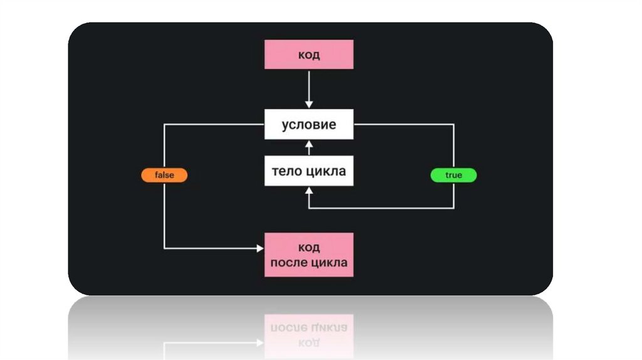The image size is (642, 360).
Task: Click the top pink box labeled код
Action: pos(308,55)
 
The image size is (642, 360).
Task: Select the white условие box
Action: pos(308,124)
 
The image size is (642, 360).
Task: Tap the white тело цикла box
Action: pos(308,171)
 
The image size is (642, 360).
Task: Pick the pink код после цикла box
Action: pos(308,255)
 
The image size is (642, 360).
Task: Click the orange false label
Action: pos(164,176)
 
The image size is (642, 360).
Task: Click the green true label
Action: pos(453,176)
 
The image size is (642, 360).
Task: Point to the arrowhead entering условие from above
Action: pos(308,104)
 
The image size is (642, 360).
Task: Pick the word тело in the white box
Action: pos(287,171)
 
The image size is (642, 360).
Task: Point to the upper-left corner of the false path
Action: pos(164,124)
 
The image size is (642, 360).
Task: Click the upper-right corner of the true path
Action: pos(453,124)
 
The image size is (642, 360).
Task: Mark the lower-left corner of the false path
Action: pos(164,248)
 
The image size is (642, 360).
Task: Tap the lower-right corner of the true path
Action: pos(453,208)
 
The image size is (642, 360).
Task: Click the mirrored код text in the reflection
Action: pos(308,342)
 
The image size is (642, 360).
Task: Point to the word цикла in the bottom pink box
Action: pos(328,262)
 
